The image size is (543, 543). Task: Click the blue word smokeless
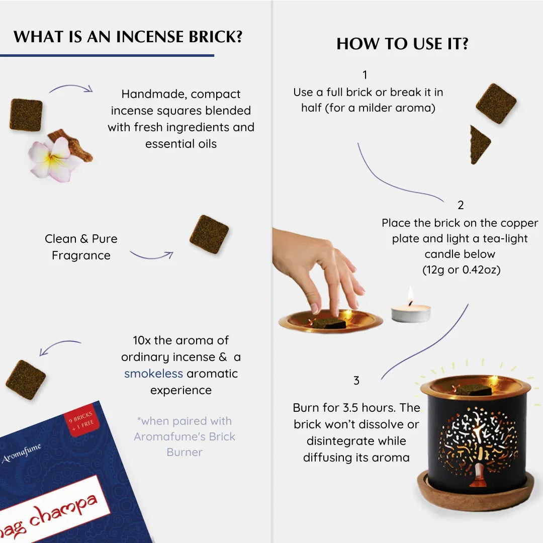click(x=153, y=374)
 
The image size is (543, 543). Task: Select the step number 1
click(x=365, y=75)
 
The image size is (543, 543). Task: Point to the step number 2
click(x=461, y=205)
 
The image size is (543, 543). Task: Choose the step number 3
click(x=356, y=381)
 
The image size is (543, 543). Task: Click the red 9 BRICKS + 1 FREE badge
click(x=81, y=423)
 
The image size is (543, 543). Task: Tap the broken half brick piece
click(x=479, y=144)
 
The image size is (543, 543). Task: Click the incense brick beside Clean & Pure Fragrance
click(x=209, y=234)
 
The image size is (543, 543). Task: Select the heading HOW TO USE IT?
click(x=402, y=44)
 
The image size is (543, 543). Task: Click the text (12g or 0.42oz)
click(x=461, y=270)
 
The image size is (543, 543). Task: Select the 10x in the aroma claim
click(x=142, y=340)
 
